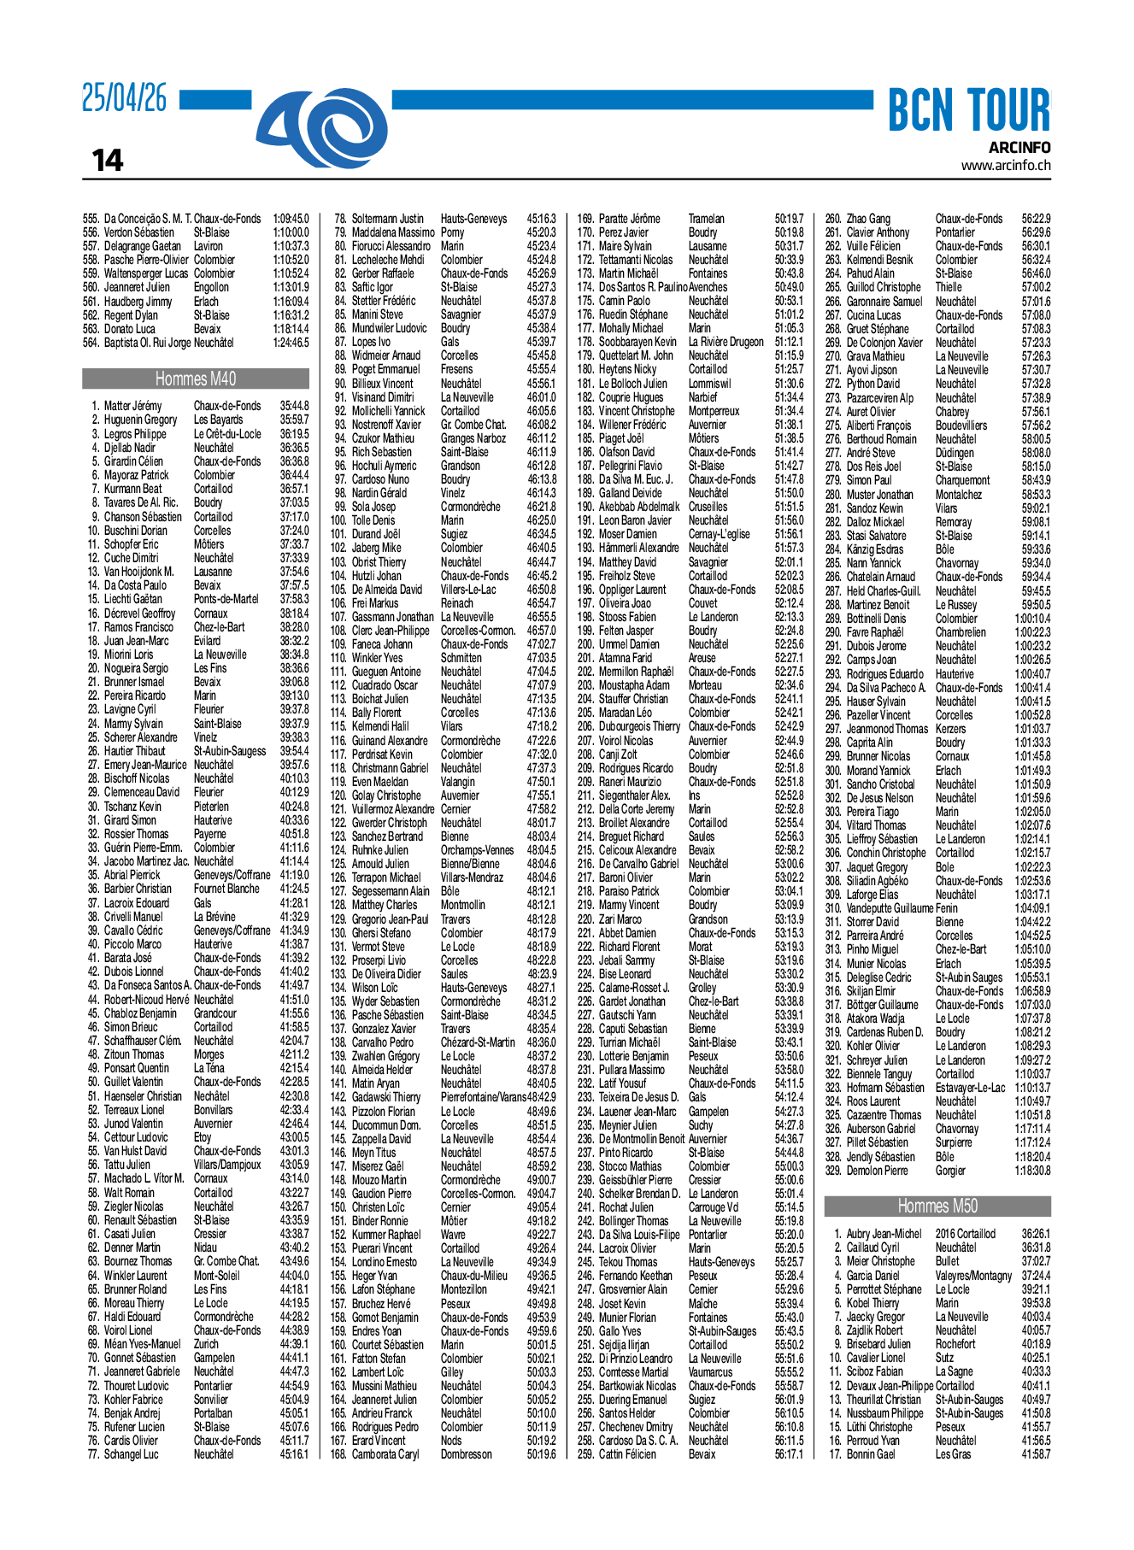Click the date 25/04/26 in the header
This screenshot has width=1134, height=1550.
click(125, 98)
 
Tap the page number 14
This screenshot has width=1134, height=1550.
click(108, 160)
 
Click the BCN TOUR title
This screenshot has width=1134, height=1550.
click(968, 111)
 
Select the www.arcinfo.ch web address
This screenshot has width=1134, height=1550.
click(1006, 166)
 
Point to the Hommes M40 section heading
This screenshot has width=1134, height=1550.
click(196, 379)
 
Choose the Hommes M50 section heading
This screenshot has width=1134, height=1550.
click(937, 1206)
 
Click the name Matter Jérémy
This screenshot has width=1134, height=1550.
click(132, 406)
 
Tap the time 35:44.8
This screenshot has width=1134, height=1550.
click(294, 406)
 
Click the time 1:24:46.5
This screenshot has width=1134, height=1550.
click(291, 343)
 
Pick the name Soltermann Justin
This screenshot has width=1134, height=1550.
click(387, 219)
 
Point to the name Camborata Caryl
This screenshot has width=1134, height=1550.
click(385, 1454)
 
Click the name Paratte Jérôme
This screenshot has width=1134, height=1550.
click(629, 219)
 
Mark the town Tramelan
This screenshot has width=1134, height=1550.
click(706, 219)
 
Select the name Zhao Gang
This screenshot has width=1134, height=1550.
click(868, 219)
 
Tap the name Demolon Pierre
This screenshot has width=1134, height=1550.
click(877, 1171)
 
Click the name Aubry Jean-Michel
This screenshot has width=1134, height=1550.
click(884, 1234)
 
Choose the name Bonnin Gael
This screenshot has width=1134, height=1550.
click(871, 1454)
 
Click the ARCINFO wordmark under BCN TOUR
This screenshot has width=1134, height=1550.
click(1019, 148)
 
